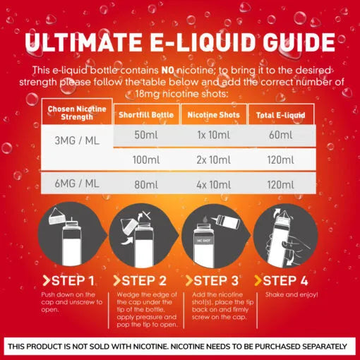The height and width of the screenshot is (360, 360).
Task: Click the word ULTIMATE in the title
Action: pos(83,42)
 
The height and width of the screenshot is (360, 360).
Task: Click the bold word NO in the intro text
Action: pos(167,70)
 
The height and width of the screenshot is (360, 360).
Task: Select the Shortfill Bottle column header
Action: pos(146,114)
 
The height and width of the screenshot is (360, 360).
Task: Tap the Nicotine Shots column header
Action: pos(214,114)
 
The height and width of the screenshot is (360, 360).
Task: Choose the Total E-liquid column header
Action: pos(281,115)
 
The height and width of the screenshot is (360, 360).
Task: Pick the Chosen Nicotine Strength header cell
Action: pos(77,112)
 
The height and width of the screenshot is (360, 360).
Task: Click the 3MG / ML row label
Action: pos(77,140)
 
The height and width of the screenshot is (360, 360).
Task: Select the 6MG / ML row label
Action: pos(77,184)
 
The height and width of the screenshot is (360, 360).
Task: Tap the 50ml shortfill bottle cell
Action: pos(146,135)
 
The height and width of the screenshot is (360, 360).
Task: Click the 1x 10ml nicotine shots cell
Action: pos(214,135)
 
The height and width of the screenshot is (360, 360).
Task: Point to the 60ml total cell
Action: pos(281,135)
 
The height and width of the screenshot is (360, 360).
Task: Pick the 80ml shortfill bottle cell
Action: pos(146,185)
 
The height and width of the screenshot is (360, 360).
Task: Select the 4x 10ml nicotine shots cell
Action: pos(214,185)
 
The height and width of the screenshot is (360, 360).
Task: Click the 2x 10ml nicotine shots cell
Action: pos(214,160)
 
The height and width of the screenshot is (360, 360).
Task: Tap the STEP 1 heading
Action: pos(68,281)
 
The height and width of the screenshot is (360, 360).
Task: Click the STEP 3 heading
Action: pos(212,281)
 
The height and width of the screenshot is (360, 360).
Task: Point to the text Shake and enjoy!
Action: pos(292,294)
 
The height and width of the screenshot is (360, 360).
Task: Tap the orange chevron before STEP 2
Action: pos(117,281)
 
